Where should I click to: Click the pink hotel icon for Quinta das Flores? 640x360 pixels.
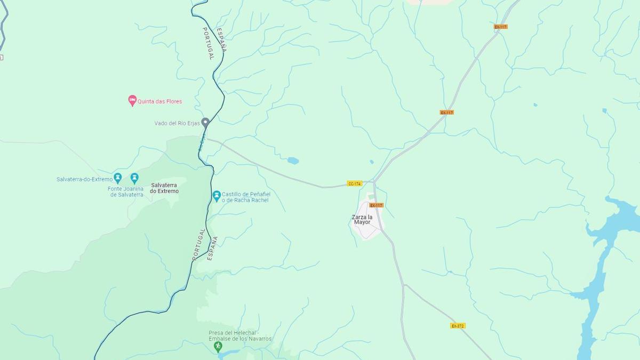pyautogui.click(x=132, y=101)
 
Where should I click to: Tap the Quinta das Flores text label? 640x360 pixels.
pyautogui.click(x=159, y=101)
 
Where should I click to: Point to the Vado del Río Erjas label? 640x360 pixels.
pyautogui.click(x=177, y=123)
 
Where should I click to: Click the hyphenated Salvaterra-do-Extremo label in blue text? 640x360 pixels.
pyautogui.click(x=84, y=179)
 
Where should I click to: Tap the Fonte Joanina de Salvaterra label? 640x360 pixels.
pyautogui.click(x=126, y=191)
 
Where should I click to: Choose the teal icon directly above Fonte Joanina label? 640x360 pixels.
pyautogui.click(x=134, y=178)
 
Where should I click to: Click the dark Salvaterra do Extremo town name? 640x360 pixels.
pyautogui.click(x=164, y=188)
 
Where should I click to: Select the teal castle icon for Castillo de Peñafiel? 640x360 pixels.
pyautogui.click(x=217, y=196)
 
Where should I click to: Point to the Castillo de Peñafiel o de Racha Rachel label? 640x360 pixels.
pyautogui.click(x=246, y=197)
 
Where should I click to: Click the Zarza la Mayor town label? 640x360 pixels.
pyautogui.click(x=362, y=219)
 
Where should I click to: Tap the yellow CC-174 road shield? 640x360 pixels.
pyautogui.click(x=355, y=183)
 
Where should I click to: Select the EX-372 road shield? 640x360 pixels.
pyautogui.click(x=458, y=325)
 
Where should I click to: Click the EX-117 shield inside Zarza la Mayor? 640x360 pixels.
pyautogui.click(x=377, y=205)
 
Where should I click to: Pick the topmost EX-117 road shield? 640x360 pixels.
pyautogui.click(x=500, y=27)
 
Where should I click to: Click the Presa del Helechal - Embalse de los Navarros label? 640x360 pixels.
pyautogui.click(x=240, y=335)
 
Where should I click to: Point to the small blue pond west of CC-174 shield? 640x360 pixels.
pyautogui.click(x=293, y=161)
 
